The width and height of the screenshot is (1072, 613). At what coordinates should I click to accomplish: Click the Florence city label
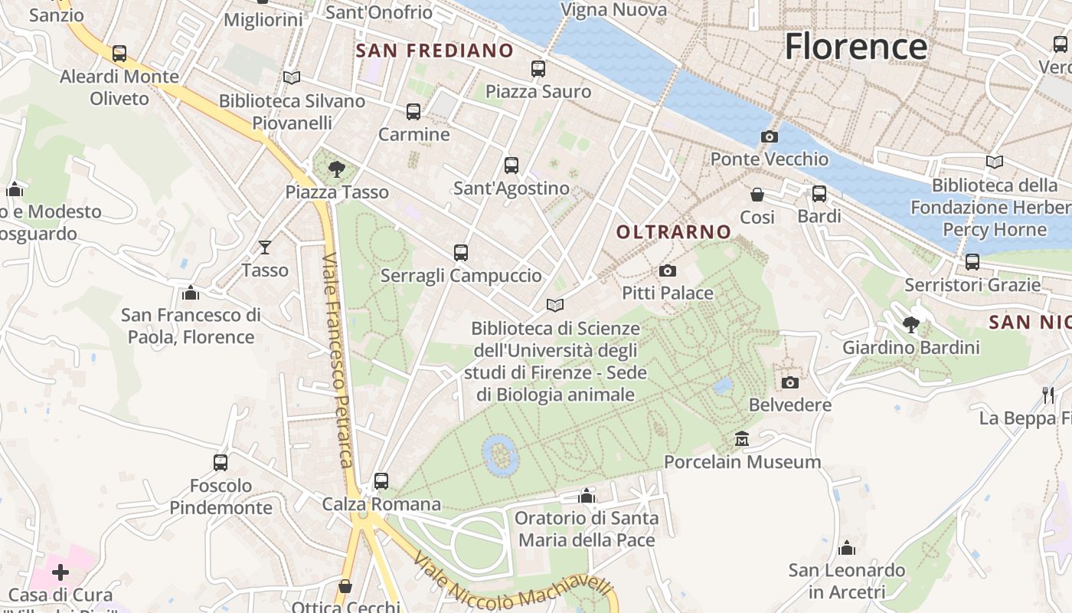855,46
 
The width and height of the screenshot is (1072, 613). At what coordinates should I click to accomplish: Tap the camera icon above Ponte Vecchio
770,136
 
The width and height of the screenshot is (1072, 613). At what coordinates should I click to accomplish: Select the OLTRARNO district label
674,231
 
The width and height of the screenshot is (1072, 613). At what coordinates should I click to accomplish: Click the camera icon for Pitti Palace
668,270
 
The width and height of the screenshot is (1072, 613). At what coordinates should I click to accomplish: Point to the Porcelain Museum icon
742,439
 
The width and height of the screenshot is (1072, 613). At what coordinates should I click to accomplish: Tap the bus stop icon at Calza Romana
381,481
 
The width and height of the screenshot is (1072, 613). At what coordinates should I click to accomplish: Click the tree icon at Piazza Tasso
335,169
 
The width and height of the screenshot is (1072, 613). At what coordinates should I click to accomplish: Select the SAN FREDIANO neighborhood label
435,51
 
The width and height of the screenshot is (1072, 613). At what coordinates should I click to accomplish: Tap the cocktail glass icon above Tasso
265,247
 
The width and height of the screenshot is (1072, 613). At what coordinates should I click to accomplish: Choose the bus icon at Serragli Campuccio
460,253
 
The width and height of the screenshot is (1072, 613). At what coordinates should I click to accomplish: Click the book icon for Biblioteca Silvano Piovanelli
291,77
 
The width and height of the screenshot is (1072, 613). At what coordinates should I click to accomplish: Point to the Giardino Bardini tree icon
911,325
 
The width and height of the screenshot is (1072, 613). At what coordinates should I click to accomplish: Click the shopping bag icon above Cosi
757,195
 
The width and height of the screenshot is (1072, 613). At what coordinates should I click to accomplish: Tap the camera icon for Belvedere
790,382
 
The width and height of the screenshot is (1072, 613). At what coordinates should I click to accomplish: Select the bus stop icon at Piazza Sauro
538,69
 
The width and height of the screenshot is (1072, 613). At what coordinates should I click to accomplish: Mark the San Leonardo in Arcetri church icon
847,548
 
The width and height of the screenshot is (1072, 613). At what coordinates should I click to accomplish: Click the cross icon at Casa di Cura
60,572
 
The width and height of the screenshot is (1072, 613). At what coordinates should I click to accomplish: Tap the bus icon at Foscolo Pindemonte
221,462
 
